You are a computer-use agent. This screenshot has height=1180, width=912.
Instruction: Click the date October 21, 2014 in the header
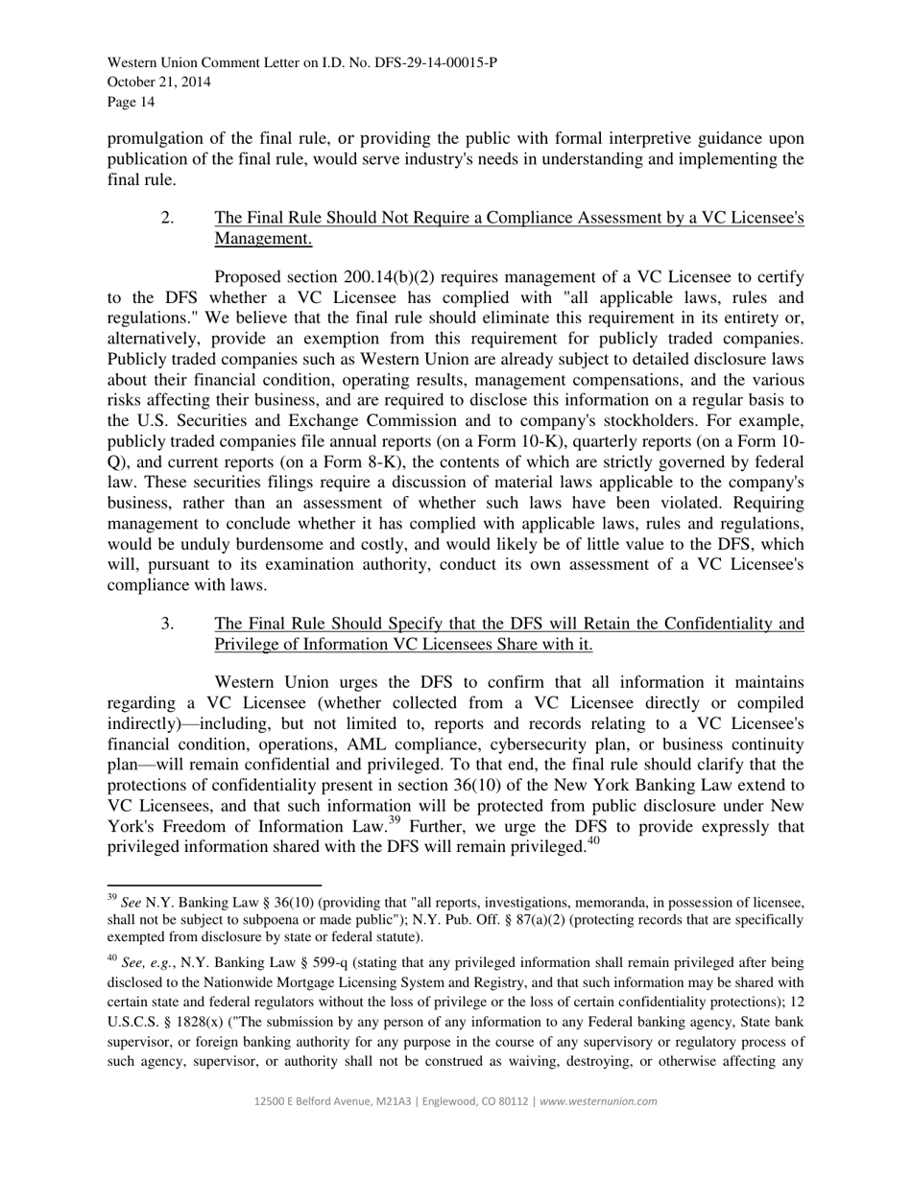(x=159, y=83)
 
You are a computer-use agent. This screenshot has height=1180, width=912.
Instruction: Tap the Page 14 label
(x=131, y=102)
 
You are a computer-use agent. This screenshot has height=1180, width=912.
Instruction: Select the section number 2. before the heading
(x=168, y=218)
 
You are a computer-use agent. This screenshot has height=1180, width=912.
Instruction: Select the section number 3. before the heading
(x=168, y=625)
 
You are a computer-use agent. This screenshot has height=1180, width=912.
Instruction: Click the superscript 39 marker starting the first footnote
(x=111, y=899)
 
